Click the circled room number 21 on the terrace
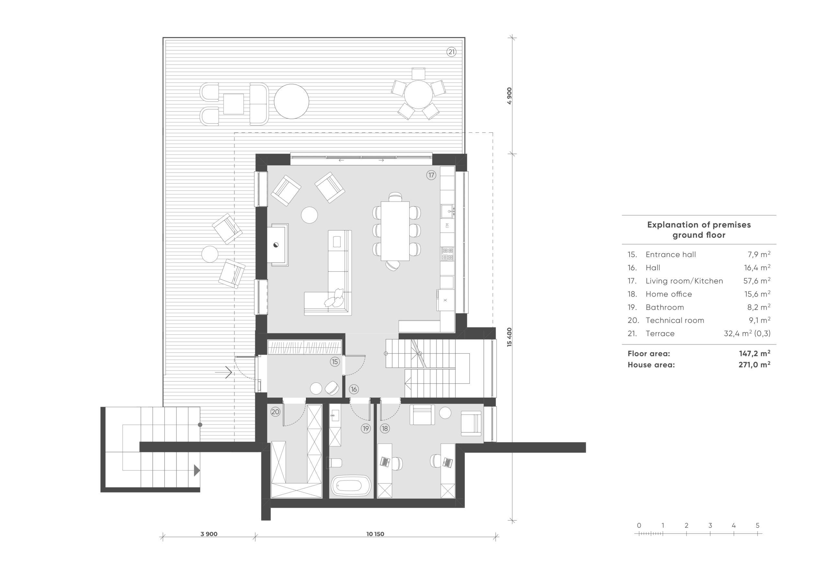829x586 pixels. (x=451, y=52)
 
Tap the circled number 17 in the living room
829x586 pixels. (x=431, y=175)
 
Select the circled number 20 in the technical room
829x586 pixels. (x=276, y=411)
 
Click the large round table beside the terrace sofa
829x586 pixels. (x=291, y=101)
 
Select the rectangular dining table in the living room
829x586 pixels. (x=395, y=231)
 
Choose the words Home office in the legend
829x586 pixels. (x=669, y=294)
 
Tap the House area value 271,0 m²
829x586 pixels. (x=754, y=365)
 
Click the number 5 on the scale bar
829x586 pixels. (x=757, y=525)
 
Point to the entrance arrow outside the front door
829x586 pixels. (x=223, y=372)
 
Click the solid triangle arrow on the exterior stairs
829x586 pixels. (x=197, y=470)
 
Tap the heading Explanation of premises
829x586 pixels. (x=699, y=225)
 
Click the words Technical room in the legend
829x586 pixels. (x=675, y=320)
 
